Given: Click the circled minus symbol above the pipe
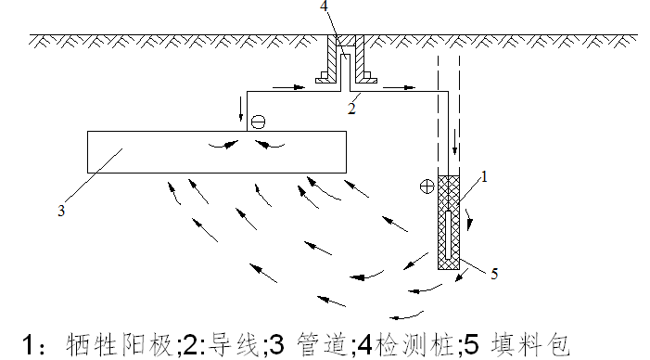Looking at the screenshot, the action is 258,122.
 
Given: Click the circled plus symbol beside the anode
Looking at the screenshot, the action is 427,186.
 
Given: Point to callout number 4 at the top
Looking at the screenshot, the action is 324,6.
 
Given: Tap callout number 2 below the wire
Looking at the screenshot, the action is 351,109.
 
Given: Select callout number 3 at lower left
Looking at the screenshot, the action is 61,211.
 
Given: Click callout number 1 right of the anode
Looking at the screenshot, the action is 483,177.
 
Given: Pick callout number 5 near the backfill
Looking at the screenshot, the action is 494,274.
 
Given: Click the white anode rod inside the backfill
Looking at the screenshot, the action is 448,235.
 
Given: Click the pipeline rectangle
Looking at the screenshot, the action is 217,152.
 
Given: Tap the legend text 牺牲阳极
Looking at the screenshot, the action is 119,344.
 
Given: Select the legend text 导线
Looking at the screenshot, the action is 234,344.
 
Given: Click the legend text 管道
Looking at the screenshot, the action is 322,344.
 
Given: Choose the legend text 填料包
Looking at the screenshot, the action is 530,344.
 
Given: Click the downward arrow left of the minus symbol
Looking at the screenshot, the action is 241,109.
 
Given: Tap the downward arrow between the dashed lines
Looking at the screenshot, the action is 454,142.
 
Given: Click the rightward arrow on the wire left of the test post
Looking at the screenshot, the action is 289,87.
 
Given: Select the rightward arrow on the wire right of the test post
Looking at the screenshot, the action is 399,87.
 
